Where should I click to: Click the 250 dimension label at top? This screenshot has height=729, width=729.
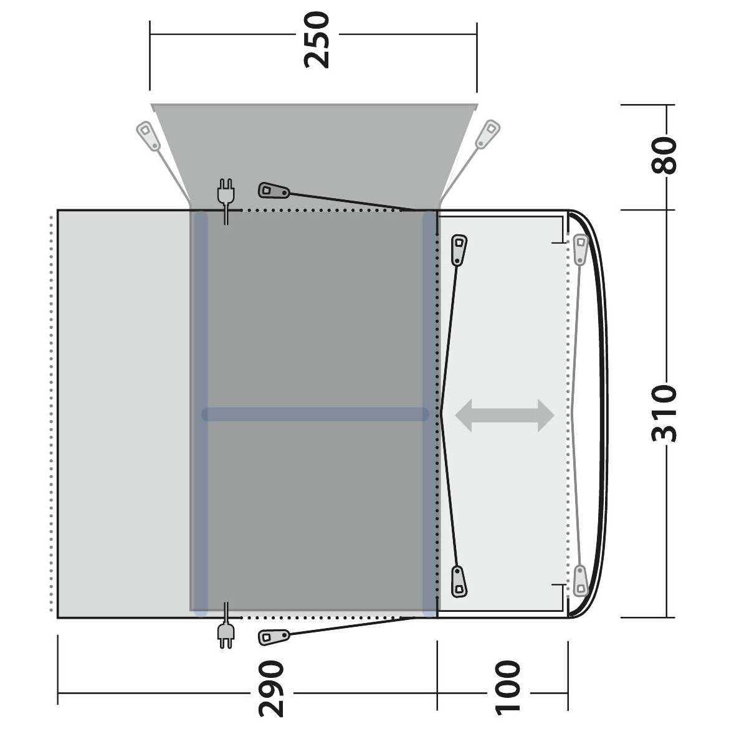[317, 40]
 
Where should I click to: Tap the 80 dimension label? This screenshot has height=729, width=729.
[664, 155]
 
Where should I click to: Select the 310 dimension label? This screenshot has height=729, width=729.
[664, 413]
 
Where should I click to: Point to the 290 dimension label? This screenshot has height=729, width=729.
[270, 689]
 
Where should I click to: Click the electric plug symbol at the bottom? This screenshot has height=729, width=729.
[226, 626]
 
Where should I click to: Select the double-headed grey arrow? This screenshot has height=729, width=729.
[505, 415]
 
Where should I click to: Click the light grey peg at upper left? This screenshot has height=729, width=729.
[148, 136]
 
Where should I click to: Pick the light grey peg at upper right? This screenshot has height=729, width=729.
[488, 135]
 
